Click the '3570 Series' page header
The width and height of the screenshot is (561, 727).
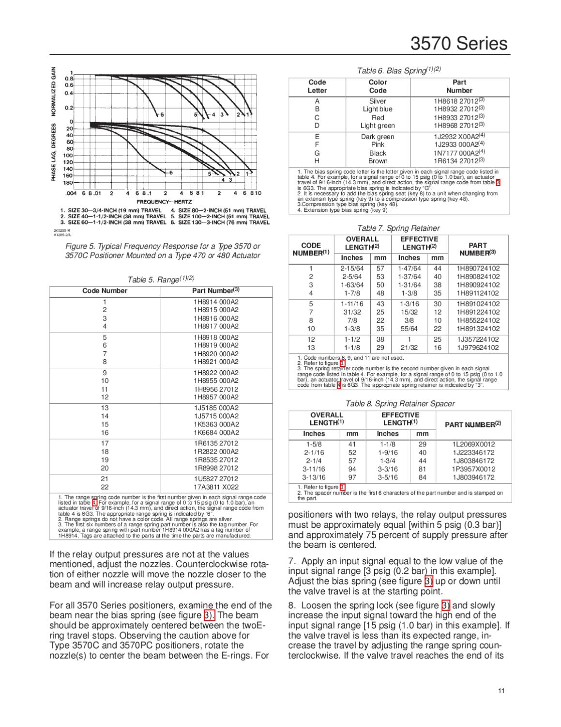pos(459,44)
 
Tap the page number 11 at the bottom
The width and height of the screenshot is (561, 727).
pos(501,691)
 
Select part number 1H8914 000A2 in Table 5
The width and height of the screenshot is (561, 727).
pos(216,301)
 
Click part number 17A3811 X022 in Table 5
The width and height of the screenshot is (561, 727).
pos(216,487)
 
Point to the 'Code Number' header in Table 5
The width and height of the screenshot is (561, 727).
pos(105,291)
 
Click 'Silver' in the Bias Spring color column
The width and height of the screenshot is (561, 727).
pos(378,101)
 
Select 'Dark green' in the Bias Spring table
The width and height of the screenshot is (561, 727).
pos(378,137)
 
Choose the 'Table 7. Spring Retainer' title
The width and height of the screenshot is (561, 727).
pos(398,228)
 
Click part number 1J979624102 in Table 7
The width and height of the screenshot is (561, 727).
pos(478,348)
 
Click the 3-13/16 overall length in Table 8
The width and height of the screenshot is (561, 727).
pos(314,477)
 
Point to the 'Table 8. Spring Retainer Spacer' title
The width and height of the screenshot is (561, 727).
pos(400,403)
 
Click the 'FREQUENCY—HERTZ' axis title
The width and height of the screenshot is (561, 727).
pos(164,201)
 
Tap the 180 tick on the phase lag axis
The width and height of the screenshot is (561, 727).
pos(68,183)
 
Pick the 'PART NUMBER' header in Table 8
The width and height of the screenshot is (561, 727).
pos(472,425)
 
